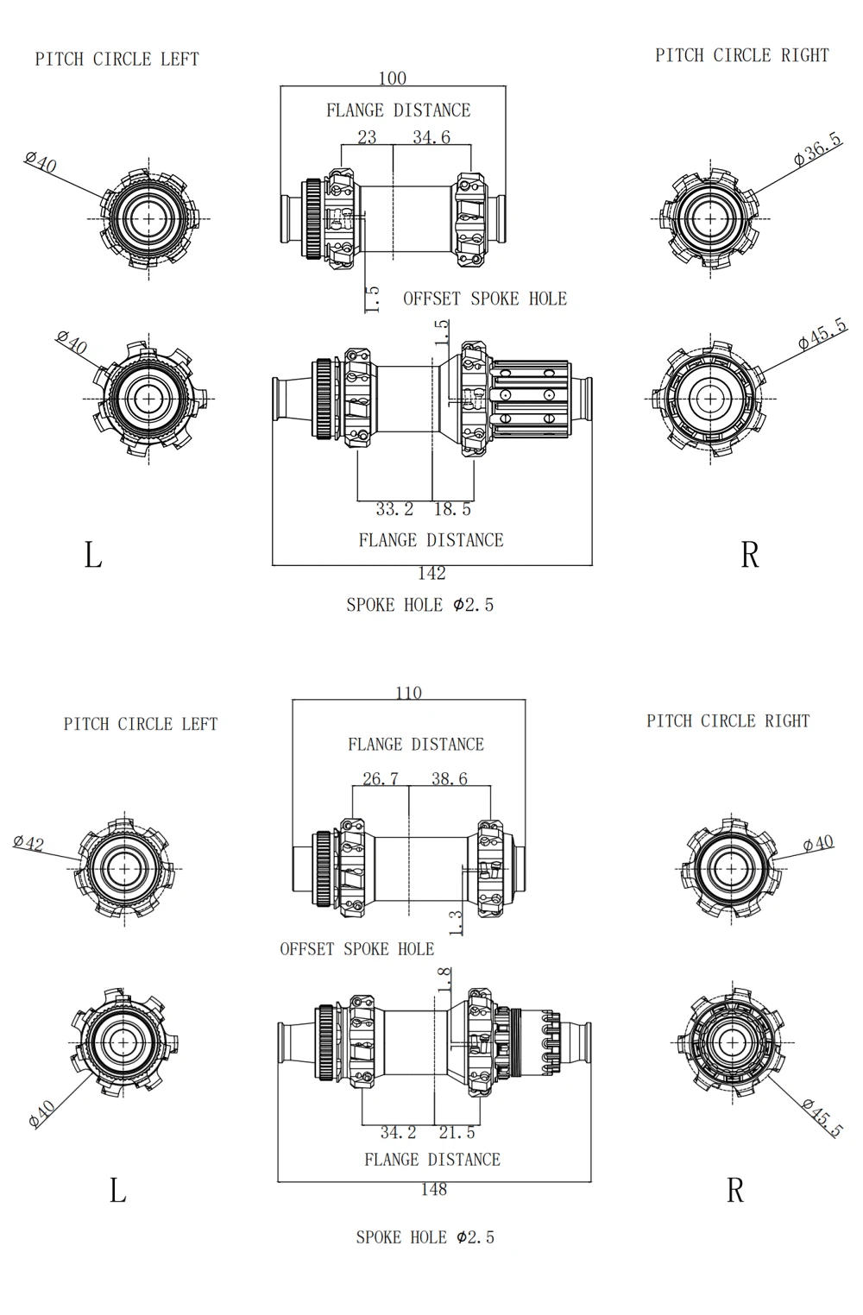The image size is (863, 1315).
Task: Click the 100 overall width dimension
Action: pos(392,79)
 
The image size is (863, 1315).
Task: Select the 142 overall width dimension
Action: pos(431,574)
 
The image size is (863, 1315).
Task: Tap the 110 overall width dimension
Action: pos(408,693)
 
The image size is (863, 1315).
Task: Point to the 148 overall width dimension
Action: pos(433,1190)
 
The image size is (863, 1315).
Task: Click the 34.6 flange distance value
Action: pos(431,137)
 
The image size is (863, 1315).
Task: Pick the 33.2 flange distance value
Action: pos(394,510)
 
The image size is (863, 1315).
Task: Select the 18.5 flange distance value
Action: pos(452,510)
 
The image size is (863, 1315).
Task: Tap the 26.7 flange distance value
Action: pos(381,779)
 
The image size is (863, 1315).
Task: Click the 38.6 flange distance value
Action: pos(449,779)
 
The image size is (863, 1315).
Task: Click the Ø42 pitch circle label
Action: pos(29,842)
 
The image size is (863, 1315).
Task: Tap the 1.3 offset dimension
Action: pos(456,922)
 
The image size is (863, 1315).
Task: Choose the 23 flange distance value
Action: pos(367,137)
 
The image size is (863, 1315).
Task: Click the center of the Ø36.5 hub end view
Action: pos(710,218)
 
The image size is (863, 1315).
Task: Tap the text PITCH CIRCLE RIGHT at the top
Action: pos(741,55)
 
